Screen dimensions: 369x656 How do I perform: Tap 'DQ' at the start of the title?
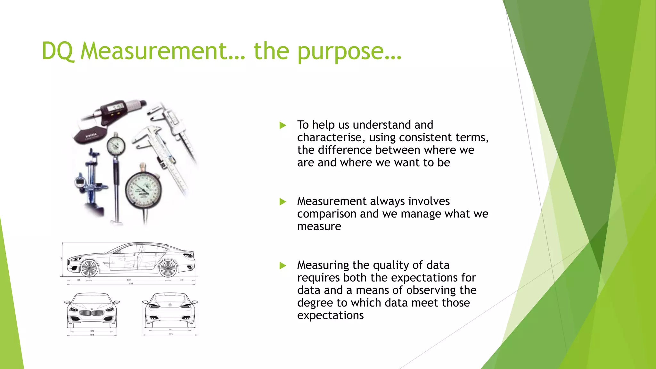(x=58, y=51)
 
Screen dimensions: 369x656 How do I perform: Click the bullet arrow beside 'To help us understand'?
(x=283, y=125)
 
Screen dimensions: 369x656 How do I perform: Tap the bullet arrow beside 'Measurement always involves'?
(x=283, y=201)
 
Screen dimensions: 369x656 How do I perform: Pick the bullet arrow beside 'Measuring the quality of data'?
(x=283, y=266)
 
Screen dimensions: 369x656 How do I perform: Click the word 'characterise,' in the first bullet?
(x=331, y=138)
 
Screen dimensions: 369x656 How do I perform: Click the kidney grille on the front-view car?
(x=92, y=313)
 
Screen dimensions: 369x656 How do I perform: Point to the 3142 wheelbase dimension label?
(x=128, y=280)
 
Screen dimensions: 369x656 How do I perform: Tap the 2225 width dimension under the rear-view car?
(x=170, y=334)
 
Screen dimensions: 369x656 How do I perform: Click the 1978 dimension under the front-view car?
(x=92, y=335)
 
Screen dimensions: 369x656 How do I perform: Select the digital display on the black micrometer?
(x=116, y=108)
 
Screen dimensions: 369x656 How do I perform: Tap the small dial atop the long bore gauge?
(x=115, y=146)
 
